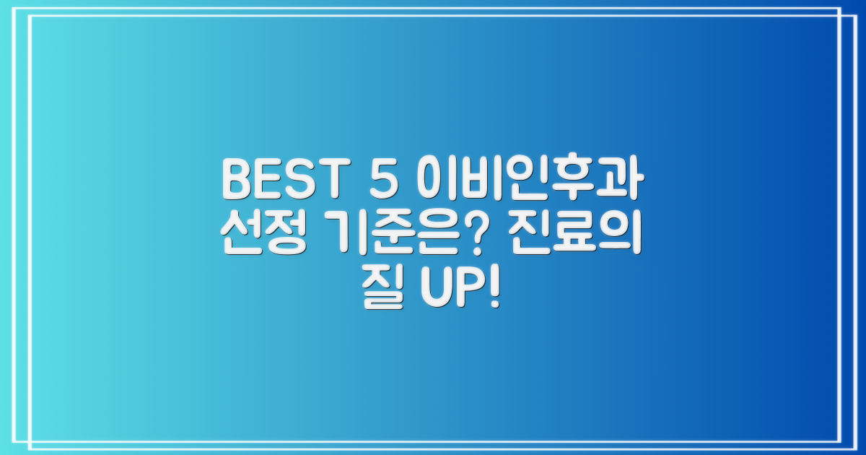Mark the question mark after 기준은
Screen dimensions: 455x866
[490, 235]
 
